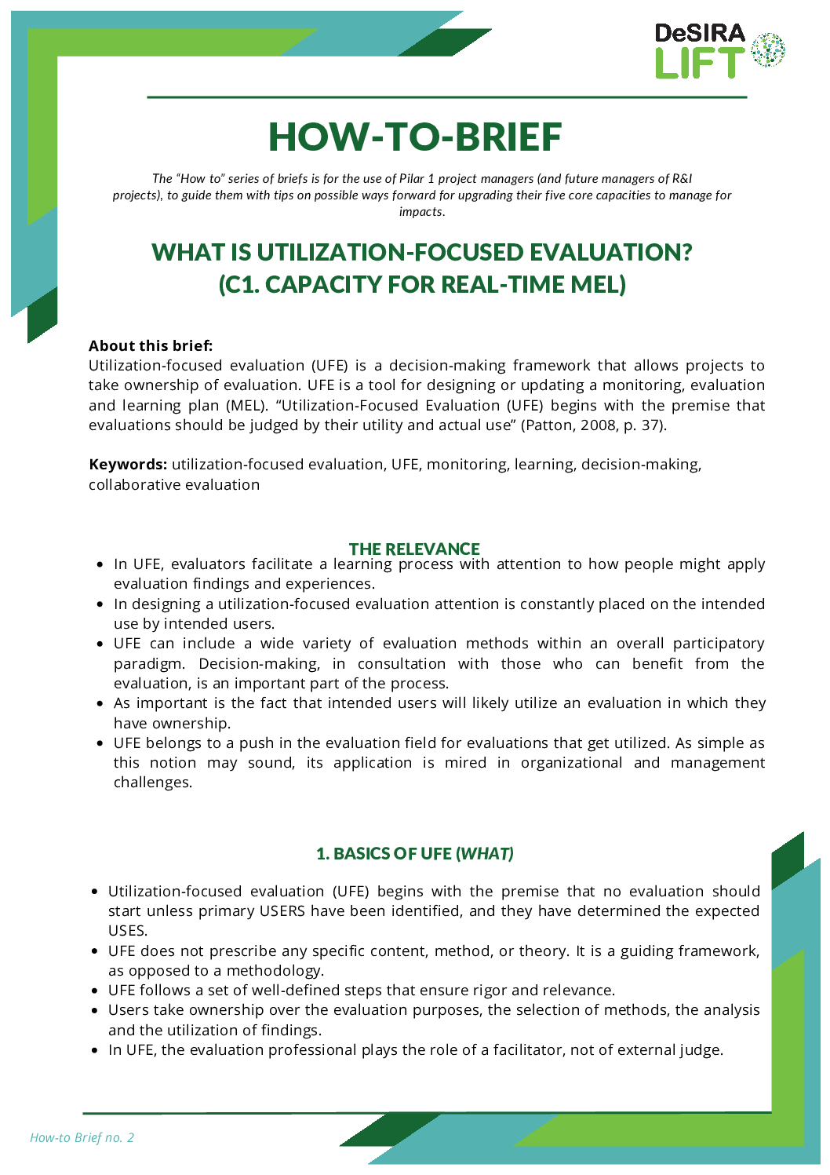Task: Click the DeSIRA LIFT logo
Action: point(719,51)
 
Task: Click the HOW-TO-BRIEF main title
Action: point(415,137)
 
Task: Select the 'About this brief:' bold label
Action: point(151,345)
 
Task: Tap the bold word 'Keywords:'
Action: point(128,465)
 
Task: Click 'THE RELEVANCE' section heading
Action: point(414,549)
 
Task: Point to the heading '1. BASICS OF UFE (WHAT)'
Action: point(414,853)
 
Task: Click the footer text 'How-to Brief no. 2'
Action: point(82,1137)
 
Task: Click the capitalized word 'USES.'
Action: point(128,931)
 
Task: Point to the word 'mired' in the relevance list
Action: point(466,763)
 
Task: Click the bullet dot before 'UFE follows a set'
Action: point(94,991)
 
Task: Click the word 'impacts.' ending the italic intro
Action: point(422,212)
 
